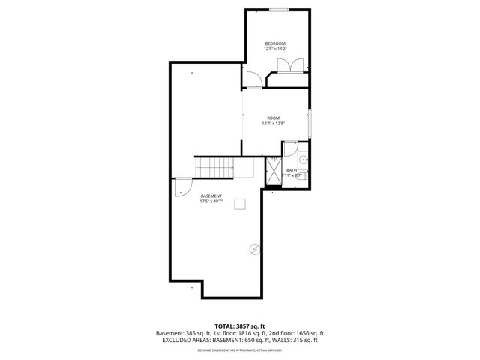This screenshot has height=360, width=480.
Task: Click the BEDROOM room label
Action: [275, 43]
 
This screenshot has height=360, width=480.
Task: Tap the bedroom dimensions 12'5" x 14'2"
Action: [275, 49]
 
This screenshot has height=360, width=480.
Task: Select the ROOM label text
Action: [274, 118]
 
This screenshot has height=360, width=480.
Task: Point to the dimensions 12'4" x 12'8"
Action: [274, 124]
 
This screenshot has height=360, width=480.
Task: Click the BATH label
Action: [292, 169]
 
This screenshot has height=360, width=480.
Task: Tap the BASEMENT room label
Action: [211, 196]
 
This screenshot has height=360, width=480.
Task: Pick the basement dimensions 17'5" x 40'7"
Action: [211, 202]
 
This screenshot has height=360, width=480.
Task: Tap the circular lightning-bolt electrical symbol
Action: [254, 249]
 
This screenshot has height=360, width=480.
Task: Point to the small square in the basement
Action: [240, 202]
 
